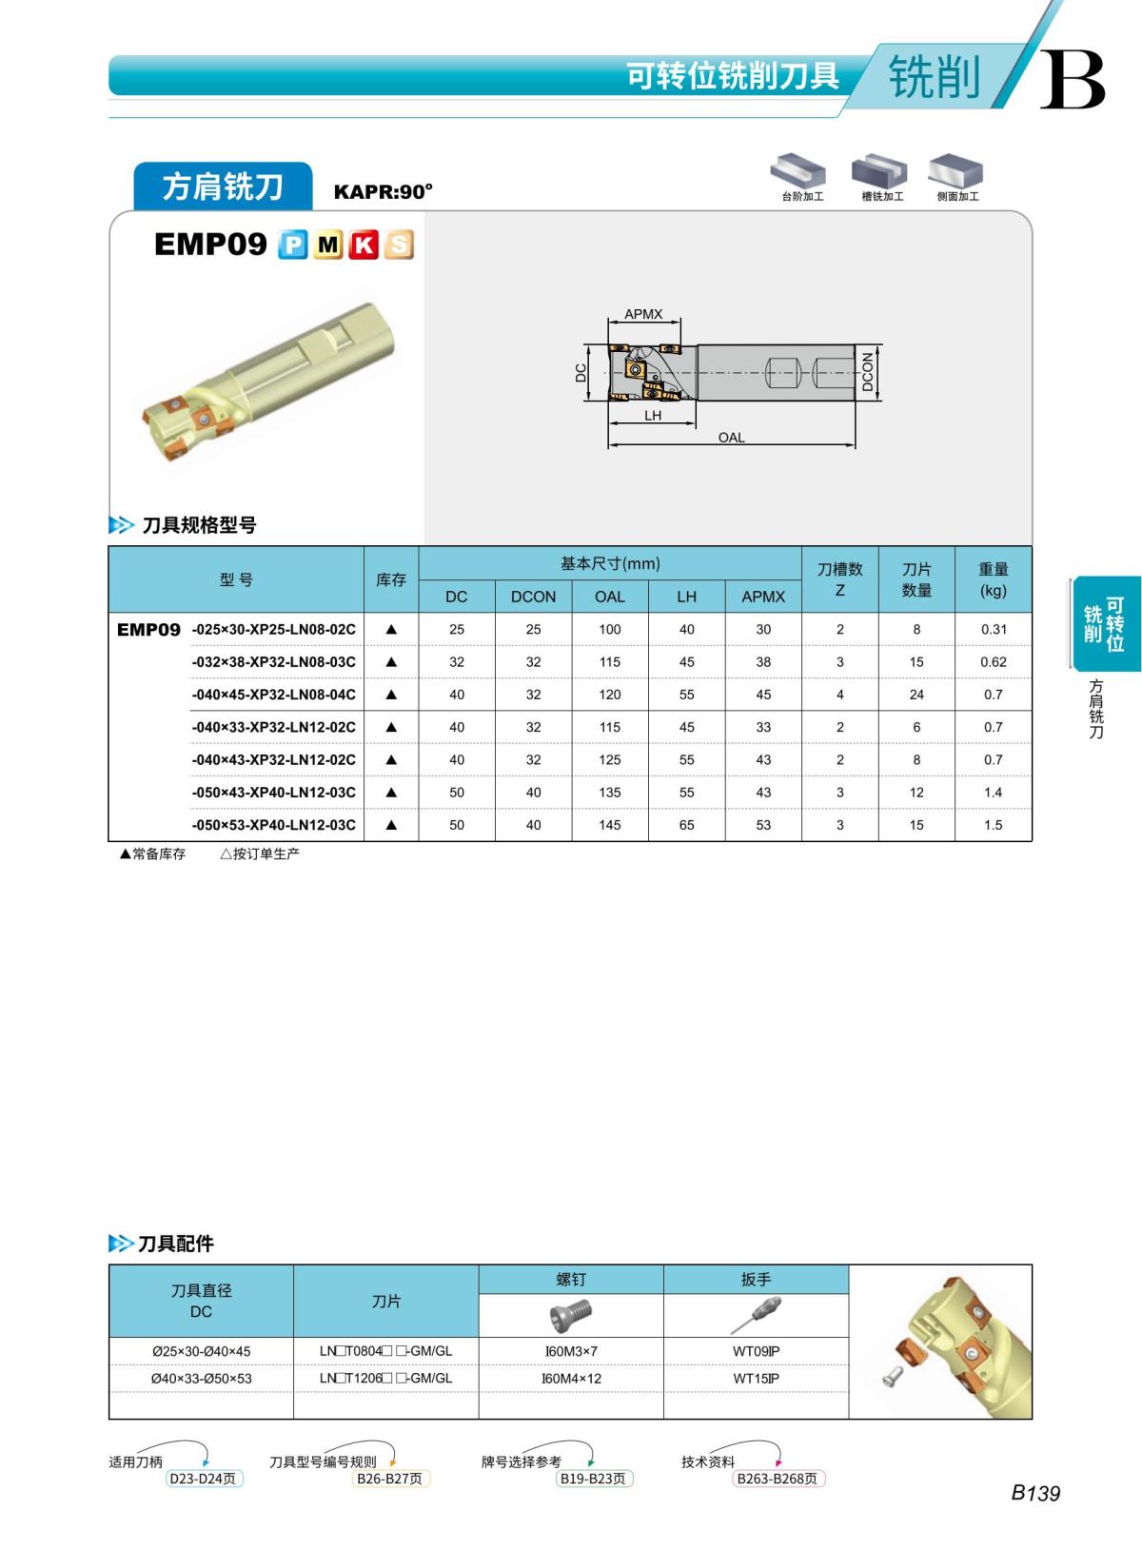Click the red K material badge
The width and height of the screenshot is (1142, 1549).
[364, 245]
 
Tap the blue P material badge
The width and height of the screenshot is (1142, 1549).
[293, 245]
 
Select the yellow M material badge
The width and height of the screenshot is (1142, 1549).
[328, 245]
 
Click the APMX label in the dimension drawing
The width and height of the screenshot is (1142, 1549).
[643, 314]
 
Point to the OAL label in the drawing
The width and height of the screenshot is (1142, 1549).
[731, 438]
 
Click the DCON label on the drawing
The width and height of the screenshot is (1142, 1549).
[867, 371]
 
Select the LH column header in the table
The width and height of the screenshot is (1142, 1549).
[686, 597]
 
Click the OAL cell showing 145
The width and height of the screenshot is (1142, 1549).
[610, 825]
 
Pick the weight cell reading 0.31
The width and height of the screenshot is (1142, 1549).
[993, 629]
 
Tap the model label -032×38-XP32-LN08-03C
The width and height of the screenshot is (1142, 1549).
[273, 662]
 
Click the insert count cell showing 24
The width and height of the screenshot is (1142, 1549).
[916, 695]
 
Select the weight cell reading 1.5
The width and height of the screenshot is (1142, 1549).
[993, 825]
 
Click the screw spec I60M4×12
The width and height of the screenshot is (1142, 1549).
[571, 1379]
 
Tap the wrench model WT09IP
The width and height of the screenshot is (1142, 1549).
[756, 1351]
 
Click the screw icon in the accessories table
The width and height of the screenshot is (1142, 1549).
[571, 1316]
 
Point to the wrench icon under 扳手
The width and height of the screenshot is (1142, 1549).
[756, 1316]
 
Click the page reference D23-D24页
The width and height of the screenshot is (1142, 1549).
[203, 1479]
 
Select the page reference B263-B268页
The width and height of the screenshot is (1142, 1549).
[778, 1479]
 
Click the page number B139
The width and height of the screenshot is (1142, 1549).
[1034, 1493]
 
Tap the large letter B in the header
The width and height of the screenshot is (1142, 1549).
[1072, 80]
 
